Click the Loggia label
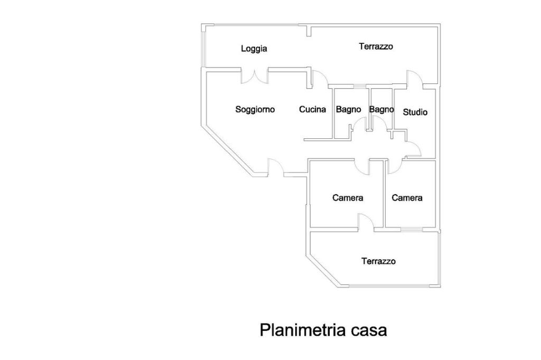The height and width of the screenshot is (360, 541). pyautogui.click(x=254, y=49)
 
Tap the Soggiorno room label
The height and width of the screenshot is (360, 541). pyautogui.click(x=255, y=110)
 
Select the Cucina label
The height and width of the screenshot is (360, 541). pyautogui.click(x=312, y=110)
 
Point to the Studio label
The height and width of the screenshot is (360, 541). pyautogui.click(x=415, y=112)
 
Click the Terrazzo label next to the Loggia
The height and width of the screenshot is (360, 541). pyautogui.click(x=376, y=46)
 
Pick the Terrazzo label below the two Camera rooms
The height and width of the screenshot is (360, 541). pyautogui.click(x=378, y=261)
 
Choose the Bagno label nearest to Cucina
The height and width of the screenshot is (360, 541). pyautogui.click(x=349, y=109)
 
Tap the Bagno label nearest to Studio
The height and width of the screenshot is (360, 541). pyautogui.click(x=381, y=109)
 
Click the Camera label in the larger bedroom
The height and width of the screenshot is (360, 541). pyautogui.click(x=348, y=198)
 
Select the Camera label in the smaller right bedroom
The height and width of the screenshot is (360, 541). pyautogui.click(x=407, y=198)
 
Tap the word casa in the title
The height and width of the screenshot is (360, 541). pyautogui.click(x=368, y=330)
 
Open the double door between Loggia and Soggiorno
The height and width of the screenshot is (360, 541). pyautogui.click(x=255, y=76)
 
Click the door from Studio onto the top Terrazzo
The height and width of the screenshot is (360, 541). pyautogui.click(x=414, y=79)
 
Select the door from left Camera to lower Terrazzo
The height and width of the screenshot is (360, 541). pyautogui.click(x=366, y=222)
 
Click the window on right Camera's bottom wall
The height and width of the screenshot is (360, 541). pyautogui.click(x=412, y=230)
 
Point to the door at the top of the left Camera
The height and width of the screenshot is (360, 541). pyautogui.click(x=362, y=166)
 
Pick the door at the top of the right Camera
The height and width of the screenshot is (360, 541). pyautogui.click(x=394, y=166)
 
